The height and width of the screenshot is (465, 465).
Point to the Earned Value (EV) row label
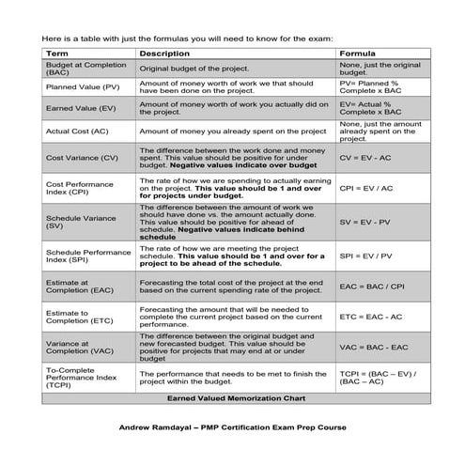pos(76,108)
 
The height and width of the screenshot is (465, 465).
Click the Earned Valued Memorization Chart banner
pos(230,399)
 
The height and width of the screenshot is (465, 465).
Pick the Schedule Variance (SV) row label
pos(74,222)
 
